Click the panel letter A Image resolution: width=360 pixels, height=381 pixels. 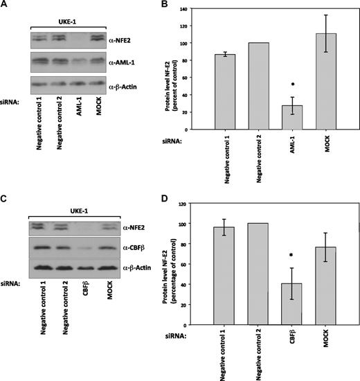(x=6, y=6)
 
